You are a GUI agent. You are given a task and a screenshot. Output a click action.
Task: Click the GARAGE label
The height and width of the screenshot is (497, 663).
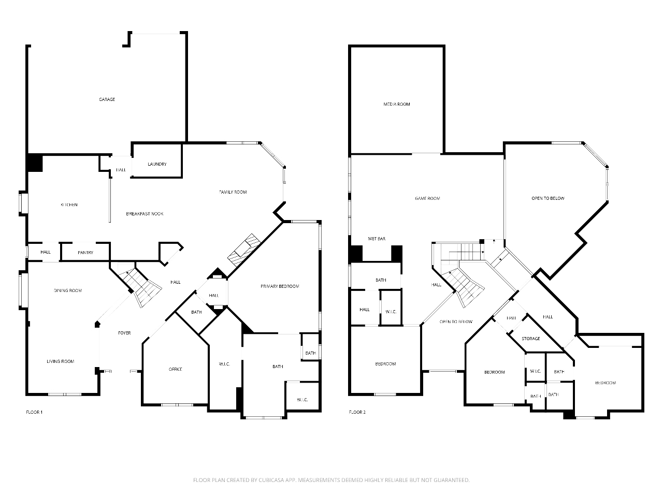pos(107,99)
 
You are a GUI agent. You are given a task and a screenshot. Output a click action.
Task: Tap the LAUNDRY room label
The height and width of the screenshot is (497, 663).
pos(157,164)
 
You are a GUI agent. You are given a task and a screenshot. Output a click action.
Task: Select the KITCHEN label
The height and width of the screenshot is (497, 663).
pos(69,205)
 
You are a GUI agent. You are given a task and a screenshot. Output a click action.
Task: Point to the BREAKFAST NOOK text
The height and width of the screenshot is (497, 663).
pos(145,214)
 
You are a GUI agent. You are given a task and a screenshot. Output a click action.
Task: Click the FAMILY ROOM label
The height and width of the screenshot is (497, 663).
pos(233,192)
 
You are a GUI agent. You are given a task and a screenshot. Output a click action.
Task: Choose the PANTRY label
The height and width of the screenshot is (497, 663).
pos(85,253)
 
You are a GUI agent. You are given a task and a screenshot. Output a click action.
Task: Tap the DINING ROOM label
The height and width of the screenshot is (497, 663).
pos(68,290)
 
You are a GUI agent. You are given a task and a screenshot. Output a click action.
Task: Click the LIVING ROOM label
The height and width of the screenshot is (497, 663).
pos(61,361)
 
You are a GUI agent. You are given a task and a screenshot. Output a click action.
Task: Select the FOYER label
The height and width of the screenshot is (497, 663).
pos(124,333)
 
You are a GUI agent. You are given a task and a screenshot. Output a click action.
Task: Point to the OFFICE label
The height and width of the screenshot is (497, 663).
pos(176,369)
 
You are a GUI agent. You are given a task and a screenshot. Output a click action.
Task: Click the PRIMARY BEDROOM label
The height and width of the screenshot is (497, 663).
pos(280,286)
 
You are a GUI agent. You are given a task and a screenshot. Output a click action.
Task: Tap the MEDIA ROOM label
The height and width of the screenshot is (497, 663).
pos(397,105)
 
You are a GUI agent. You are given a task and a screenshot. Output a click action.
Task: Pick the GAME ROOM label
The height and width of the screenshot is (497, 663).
pos(427,199)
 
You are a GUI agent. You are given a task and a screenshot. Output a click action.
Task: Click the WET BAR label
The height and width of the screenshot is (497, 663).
pos(377,239)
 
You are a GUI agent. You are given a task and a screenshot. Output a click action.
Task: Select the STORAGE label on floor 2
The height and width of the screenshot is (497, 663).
pos(531,339)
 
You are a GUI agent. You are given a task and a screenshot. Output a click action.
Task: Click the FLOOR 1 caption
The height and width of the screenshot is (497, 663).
pos(34,412)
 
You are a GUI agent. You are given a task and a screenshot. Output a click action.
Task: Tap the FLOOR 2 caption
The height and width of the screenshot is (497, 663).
pos(357,412)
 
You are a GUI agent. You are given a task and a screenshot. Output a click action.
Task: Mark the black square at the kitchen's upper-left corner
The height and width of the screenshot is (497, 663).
pos(35,163)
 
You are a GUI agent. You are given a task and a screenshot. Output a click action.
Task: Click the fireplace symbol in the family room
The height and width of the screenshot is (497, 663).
pos(244,250)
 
